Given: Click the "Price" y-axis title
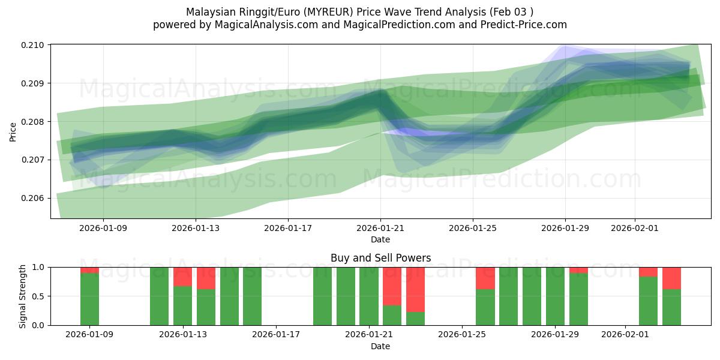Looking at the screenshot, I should [x=13, y=131].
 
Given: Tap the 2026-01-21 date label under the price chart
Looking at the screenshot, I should [x=380, y=228].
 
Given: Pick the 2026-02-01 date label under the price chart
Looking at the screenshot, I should [x=635, y=228].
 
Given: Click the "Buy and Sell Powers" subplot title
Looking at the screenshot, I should [x=380, y=259].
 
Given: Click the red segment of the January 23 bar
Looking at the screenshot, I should [x=415, y=289].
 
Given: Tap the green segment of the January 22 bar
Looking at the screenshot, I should [x=392, y=315].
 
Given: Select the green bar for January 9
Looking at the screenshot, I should [x=89, y=299].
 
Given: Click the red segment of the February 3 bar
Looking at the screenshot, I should [x=671, y=278].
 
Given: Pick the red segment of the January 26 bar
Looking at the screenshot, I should [x=485, y=278].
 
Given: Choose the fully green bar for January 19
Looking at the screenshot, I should [x=322, y=296].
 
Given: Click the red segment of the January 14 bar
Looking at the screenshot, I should [x=206, y=278].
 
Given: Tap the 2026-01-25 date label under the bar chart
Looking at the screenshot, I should [x=462, y=334].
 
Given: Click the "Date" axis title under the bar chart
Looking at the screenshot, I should [x=380, y=346].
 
